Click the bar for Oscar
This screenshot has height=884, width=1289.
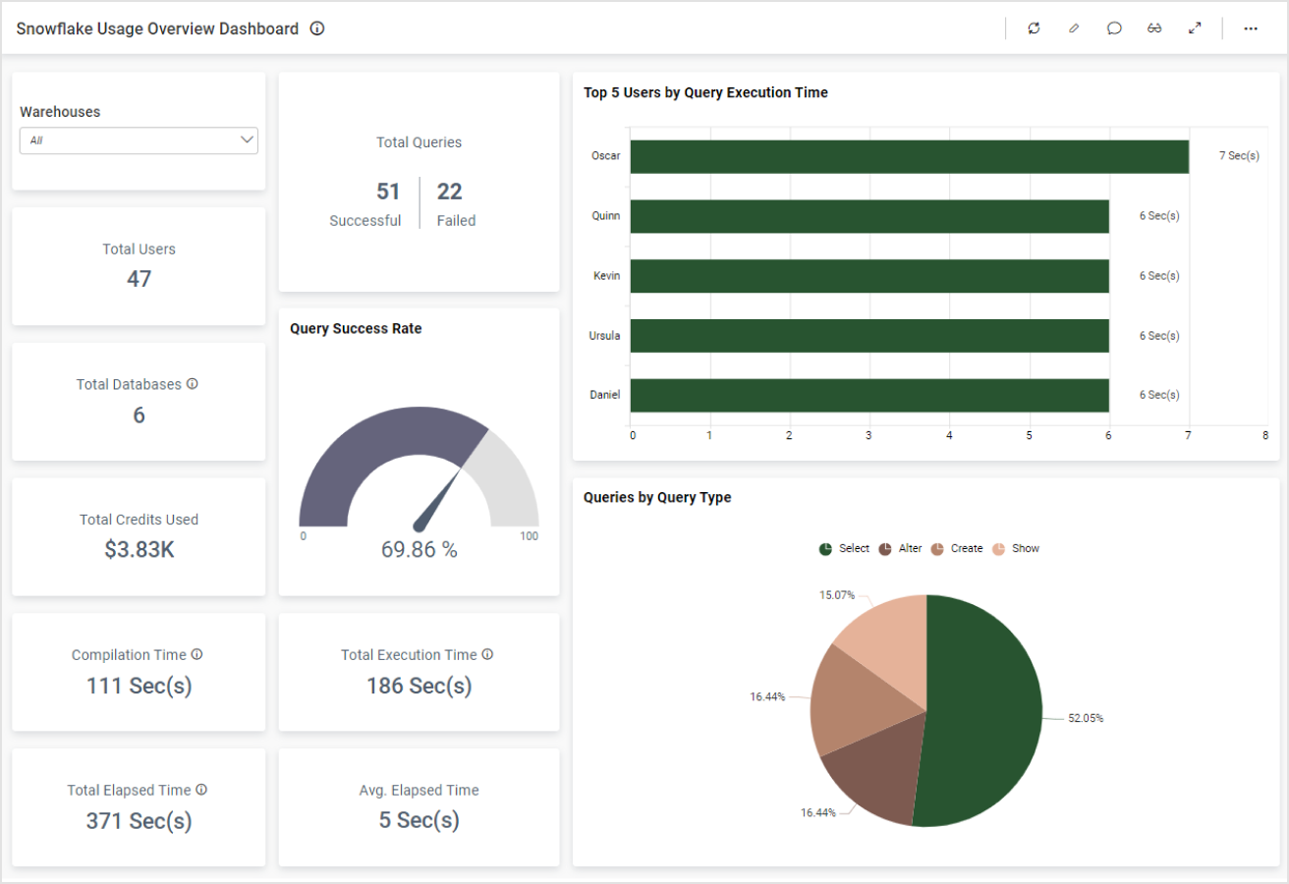909,156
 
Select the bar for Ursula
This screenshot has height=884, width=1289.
869,336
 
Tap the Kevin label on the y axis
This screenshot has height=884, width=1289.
606,276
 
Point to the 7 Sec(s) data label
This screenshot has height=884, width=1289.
1239,156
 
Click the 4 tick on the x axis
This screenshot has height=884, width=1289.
949,435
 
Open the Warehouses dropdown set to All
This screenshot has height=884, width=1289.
139,140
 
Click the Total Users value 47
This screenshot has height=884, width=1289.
139,279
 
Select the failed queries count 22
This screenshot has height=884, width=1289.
449,192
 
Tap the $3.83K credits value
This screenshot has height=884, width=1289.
139,550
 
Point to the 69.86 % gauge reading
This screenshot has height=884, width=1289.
420,550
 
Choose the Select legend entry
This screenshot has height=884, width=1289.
844,549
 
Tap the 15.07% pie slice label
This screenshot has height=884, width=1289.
837,595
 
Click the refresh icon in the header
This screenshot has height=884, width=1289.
1034,28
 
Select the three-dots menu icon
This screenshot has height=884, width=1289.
1251,28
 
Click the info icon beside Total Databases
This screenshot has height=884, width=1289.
193,384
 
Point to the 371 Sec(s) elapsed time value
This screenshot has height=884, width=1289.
139,821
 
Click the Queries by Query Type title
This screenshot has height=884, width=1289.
657,498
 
